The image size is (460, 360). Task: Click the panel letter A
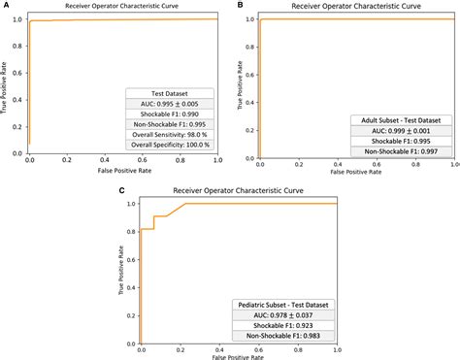[6, 6]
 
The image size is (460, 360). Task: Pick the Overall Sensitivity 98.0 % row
[169, 134]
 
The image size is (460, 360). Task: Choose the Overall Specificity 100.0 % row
[169, 146]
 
